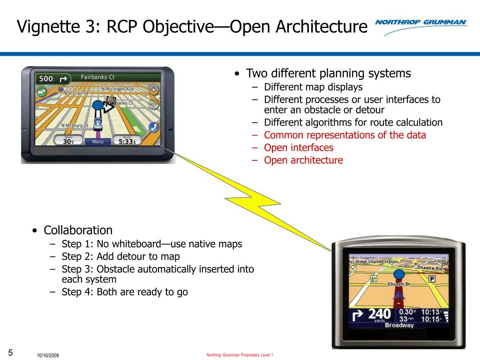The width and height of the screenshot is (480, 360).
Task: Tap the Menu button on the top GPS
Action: tap(97, 142)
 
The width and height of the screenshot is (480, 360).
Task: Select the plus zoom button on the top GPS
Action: tap(153, 90)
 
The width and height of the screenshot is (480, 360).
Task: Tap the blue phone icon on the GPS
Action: tap(154, 127)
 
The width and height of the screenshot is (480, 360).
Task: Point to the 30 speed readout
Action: tap(68, 141)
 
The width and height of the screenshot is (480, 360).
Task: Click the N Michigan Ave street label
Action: tap(117, 89)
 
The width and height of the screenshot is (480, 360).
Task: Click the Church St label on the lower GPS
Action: tap(399, 284)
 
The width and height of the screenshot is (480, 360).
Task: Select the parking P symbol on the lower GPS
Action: tap(432, 279)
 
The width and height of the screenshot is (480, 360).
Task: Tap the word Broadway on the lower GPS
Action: tap(399, 325)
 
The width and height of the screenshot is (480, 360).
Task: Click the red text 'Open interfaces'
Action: tap(299, 148)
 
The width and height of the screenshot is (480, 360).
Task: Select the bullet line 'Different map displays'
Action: tap(313, 87)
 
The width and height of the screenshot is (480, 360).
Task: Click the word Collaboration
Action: tap(78, 230)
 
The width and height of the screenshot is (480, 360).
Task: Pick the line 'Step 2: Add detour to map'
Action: tap(120, 256)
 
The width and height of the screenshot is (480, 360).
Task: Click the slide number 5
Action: tap(10, 352)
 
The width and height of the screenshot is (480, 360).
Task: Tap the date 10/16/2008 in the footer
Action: tap(48, 356)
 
